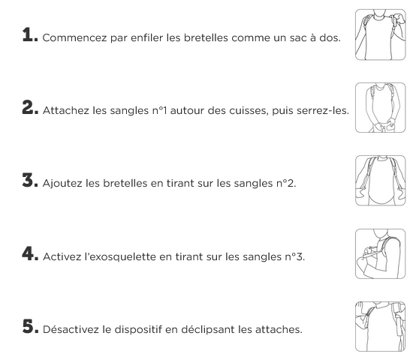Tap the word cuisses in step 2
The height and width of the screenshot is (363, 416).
pyautogui.click(x=249, y=110)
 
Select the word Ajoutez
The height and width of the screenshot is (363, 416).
pyautogui.click(x=62, y=183)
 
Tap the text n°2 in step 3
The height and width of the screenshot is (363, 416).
pyautogui.click(x=286, y=183)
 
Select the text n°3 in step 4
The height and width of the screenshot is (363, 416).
pyautogui.click(x=295, y=256)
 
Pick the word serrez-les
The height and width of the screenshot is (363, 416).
pyautogui.click(x=323, y=110)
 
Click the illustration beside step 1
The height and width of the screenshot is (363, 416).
pyautogui.click(x=381, y=34)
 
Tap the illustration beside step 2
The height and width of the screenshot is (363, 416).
pyautogui.click(x=381, y=107)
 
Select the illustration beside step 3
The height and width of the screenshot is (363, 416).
pyautogui.click(x=381, y=181)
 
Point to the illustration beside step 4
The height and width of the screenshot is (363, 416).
pyautogui.click(x=381, y=253)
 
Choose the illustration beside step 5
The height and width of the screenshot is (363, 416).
pyautogui.click(x=381, y=327)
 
